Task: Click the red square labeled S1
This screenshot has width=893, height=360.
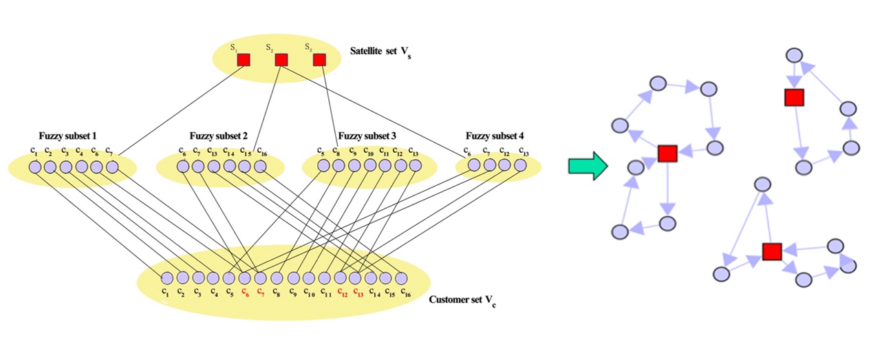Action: (244, 61)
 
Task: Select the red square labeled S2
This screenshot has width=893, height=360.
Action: (281, 61)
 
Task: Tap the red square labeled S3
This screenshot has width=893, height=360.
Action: (319, 61)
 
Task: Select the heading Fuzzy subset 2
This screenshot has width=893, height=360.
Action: (219, 135)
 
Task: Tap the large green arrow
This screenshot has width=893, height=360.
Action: (586, 165)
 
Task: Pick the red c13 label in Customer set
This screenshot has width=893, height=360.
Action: (356, 292)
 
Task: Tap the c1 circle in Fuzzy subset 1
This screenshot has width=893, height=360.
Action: (34, 167)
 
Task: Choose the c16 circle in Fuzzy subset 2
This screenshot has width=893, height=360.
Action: (260, 167)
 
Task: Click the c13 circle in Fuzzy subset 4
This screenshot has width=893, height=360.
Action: (521, 165)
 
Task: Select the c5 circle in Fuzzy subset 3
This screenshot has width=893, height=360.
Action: (321, 166)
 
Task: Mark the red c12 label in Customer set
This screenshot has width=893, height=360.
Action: (341, 292)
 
